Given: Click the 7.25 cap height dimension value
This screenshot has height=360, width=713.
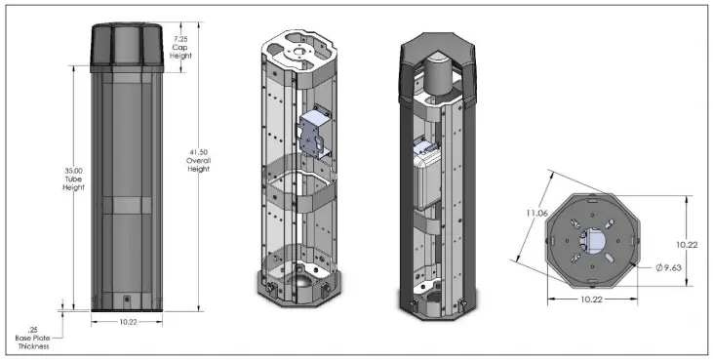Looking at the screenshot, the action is [180, 39].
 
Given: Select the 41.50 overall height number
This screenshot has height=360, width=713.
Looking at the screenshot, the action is [198, 152].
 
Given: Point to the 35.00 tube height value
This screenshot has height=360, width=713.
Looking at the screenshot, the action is [74, 171].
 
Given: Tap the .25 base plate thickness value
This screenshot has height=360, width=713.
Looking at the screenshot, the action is [33, 330].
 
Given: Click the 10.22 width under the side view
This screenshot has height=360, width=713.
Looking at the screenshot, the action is [128, 322].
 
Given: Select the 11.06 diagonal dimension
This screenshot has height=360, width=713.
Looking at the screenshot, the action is [537, 213].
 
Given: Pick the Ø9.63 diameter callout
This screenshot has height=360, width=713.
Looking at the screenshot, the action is [669, 267].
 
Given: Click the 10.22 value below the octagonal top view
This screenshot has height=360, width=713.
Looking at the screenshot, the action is [592, 300].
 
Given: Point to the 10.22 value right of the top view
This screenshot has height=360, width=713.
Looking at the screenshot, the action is [686, 245].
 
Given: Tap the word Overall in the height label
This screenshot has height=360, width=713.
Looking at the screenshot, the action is [198, 160].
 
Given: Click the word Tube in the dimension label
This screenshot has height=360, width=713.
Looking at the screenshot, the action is [73, 180].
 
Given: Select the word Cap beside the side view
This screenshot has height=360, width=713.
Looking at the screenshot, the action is [180, 47].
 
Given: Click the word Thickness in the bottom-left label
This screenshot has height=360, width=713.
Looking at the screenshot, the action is [33, 346].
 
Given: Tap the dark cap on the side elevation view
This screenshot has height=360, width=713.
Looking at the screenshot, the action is [127, 48].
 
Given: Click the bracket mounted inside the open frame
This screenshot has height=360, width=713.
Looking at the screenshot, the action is [314, 132].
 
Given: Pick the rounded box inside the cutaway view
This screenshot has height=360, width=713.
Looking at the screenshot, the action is [428, 179].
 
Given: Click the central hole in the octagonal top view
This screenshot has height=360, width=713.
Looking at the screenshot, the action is [592, 241].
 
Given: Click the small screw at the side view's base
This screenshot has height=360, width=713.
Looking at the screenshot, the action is [128, 299].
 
